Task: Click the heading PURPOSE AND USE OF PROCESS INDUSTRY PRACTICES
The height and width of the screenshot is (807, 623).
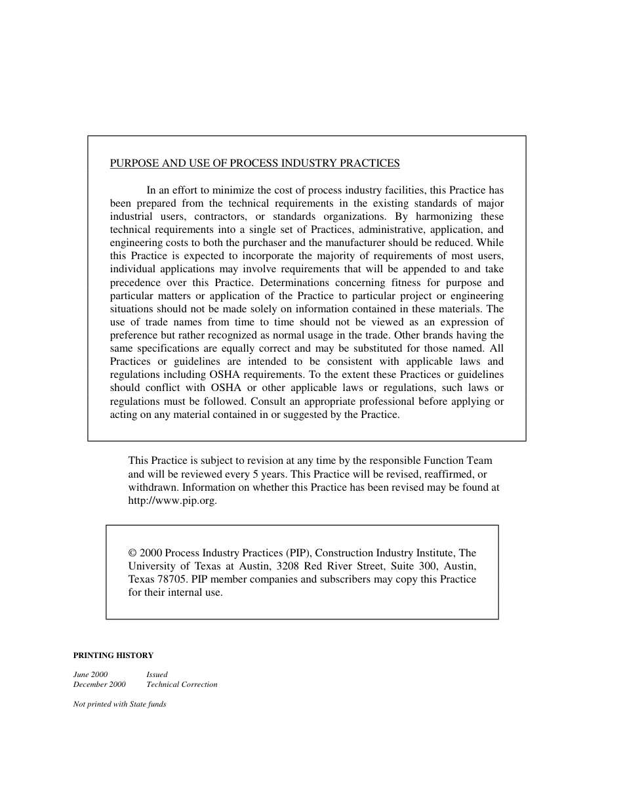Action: [x=254, y=163]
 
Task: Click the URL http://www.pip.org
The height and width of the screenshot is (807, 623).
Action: [x=172, y=501]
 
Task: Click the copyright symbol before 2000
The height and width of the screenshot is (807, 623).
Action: [x=133, y=553]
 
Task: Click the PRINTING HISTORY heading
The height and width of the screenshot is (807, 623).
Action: [x=113, y=655]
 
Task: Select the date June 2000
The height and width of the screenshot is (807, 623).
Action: [x=90, y=674]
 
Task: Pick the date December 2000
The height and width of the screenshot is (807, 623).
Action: [x=99, y=684]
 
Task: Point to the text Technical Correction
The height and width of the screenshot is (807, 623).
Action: [x=182, y=684]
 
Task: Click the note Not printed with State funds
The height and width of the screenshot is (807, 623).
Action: [x=119, y=705]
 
